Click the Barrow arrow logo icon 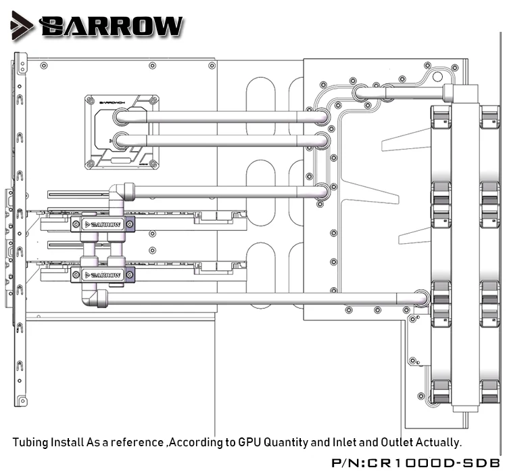click(x=21, y=26)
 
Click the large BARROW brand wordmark click(x=112, y=26)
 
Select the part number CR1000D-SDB click(x=433, y=462)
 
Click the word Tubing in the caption click(x=30, y=443)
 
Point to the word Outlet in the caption click(x=397, y=442)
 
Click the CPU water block click(x=122, y=132)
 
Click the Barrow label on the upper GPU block click(x=102, y=224)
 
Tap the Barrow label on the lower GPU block click(x=102, y=275)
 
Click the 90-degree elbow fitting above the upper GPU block click(x=120, y=194)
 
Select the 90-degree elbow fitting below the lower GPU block click(x=94, y=297)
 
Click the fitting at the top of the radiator click(x=461, y=93)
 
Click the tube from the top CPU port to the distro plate click(x=222, y=116)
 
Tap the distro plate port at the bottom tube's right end click(x=420, y=299)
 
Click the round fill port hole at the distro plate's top click(x=437, y=77)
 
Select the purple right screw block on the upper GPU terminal click(x=130, y=224)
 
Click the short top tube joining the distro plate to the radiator click(x=414, y=93)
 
